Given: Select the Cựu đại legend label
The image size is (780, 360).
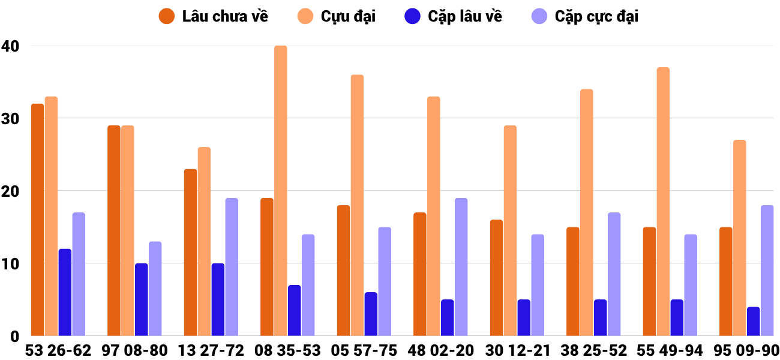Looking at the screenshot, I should pyautogui.click(x=348, y=16).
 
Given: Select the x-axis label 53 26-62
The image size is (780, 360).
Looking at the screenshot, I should pyautogui.click(x=58, y=350).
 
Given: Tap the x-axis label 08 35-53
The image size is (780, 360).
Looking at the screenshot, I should pyautogui.click(x=287, y=350).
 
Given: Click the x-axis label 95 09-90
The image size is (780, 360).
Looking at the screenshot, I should pyautogui.click(x=746, y=350).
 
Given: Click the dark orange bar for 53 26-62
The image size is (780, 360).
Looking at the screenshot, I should pyautogui.click(x=37, y=220).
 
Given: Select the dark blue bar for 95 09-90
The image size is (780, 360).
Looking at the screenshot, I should pyautogui.click(x=753, y=322).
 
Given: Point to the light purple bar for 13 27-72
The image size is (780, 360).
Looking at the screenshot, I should pyautogui.click(x=232, y=267).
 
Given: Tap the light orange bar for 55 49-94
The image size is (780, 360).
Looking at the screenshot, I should pyautogui.click(x=663, y=202).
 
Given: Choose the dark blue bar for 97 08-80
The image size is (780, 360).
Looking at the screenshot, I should pyautogui.click(x=141, y=299).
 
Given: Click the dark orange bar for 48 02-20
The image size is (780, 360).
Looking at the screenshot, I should pyautogui.click(x=420, y=274).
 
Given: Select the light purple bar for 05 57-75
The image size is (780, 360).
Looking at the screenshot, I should pyautogui.click(x=385, y=281).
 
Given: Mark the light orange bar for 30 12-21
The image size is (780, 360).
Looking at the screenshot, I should pyautogui.click(x=510, y=230).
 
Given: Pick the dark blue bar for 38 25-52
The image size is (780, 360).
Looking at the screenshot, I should pyautogui.click(x=600, y=318).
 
